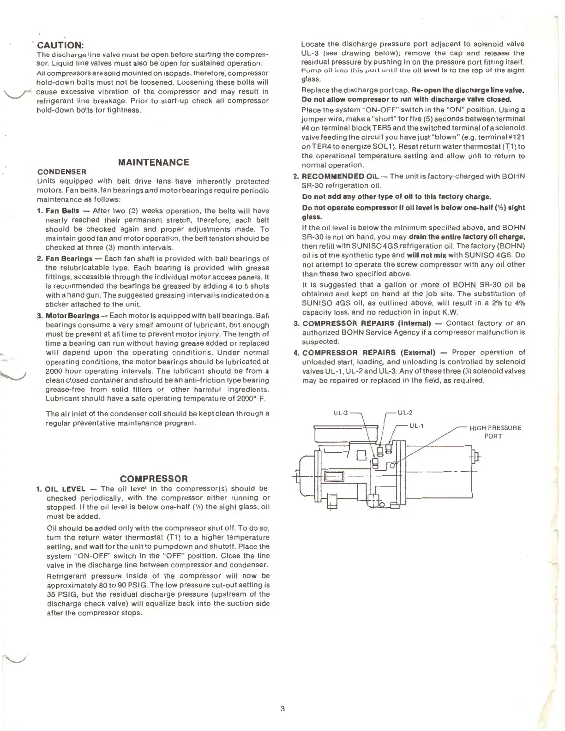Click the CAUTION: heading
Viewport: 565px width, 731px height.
(60, 45)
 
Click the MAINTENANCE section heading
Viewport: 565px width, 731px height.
(154, 162)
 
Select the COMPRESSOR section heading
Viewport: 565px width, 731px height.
(154, 479)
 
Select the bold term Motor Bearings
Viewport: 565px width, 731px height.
(72, 316)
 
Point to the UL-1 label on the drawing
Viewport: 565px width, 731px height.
(416, 425)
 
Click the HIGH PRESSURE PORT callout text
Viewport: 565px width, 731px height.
(495, 432)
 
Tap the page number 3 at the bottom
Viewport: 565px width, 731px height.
(282, 709)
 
